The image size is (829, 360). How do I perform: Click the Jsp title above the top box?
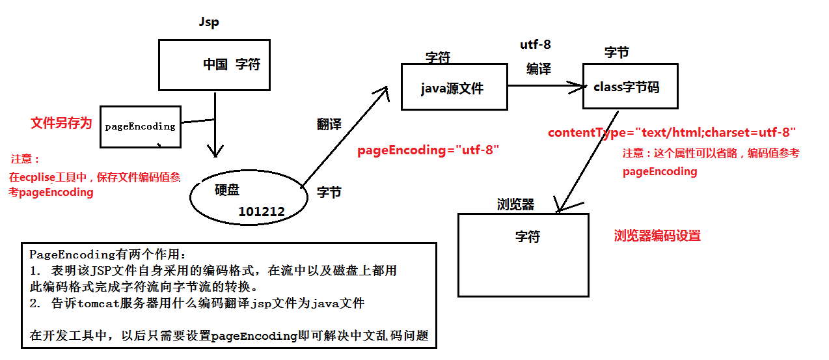[209, 23]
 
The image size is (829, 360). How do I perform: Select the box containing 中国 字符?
[214, 64]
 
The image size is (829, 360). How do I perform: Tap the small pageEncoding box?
[141, 126]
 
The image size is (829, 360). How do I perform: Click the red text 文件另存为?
[61, 123]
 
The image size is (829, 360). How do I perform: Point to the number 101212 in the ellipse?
[262, 211]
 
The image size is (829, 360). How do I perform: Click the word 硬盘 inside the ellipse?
[227, 189]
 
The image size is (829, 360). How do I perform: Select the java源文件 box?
[454, 87]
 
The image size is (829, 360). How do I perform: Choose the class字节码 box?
[629, 86]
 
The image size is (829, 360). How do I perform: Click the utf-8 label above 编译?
[536, 44]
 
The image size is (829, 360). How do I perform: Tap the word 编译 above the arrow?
[539, 69]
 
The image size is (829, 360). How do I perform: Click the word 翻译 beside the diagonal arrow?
[329, 124]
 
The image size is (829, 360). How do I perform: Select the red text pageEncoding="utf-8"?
[428, 150]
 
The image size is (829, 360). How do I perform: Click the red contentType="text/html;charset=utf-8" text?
[672, 132]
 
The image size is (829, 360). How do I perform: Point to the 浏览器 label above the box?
[515, 204]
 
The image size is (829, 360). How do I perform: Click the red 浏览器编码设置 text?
[657, 236]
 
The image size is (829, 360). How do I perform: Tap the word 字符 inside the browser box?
[527, 237]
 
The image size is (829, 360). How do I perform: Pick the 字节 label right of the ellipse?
[329, 193]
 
